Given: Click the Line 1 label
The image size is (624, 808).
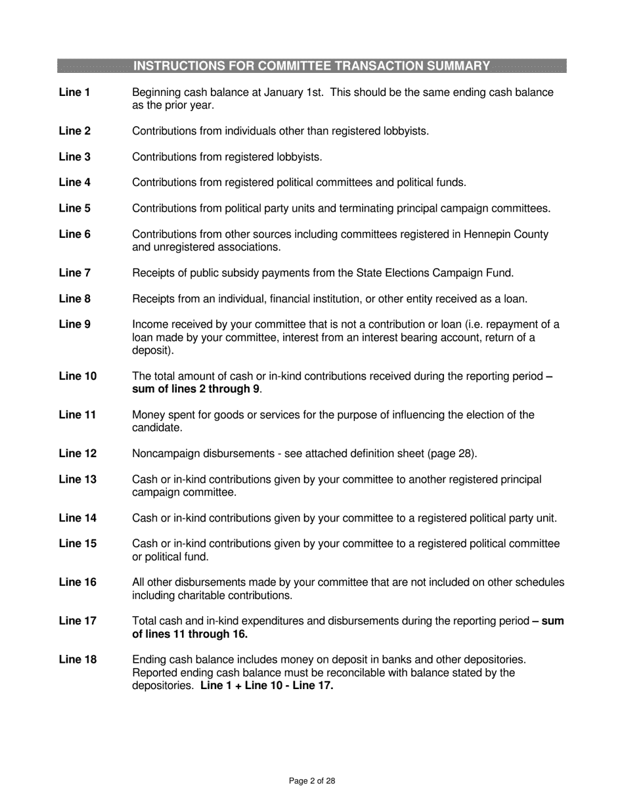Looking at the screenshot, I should click(74, 93).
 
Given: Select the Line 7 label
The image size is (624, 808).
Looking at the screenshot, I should click(74, 273).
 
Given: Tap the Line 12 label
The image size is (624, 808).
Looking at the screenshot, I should click(78, 453).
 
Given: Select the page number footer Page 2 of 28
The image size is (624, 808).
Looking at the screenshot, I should click(312, 781).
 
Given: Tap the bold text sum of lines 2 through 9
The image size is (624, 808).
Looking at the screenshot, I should click(196, 389).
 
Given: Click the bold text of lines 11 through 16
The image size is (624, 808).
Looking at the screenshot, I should click(190, 634).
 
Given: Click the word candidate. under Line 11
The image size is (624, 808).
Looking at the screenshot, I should click(157, 428).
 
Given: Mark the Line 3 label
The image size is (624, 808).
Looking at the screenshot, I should click(74, 156).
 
